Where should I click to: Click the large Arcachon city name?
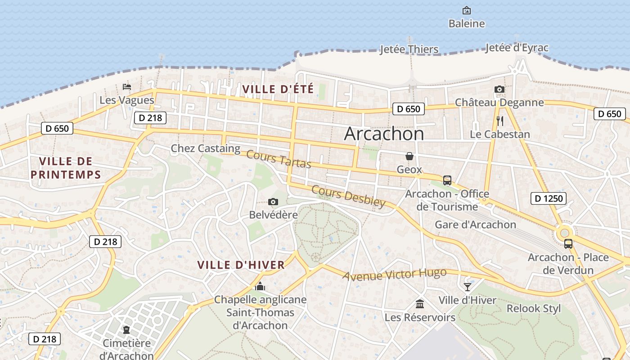coord(384,134)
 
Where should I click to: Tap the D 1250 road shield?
coord(548,198)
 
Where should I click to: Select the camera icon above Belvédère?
coord(273,202)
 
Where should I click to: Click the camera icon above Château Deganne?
coord(499,90)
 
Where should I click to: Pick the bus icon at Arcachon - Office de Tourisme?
coord(447,180)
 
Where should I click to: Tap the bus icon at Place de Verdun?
coord(568,244)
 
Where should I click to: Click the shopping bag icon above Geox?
coord(409,156)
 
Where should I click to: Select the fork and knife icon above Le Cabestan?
coord(499,121)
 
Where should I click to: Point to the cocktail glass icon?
coord(468,287)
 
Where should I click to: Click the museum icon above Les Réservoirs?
coord(420,304)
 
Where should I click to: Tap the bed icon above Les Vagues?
coord(127,86)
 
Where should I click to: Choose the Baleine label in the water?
coord(467,23)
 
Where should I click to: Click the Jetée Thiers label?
coord(409,49)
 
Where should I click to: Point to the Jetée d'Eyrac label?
coord(517,48)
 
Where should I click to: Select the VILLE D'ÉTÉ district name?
coord(278,89)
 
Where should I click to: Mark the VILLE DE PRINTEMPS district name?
coord(66,168)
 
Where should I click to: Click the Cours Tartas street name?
coord(279,159)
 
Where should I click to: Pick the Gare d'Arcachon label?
coord(475,224)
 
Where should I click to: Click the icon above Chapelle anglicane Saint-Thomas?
coord(260,286)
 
